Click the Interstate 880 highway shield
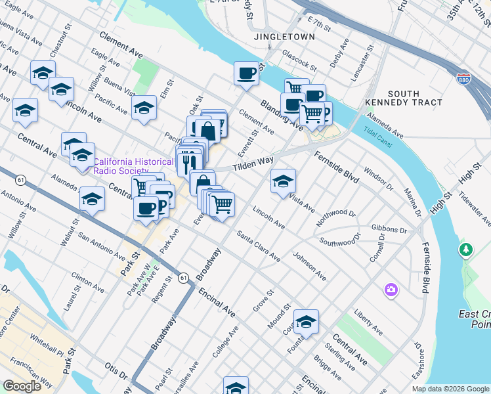point(463,77)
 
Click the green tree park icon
point(466,250)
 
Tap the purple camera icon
point(391,290)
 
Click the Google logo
point(22,386)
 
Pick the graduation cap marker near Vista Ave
point(283,181)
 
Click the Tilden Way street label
point(252,161)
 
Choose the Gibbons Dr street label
point(389,230)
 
